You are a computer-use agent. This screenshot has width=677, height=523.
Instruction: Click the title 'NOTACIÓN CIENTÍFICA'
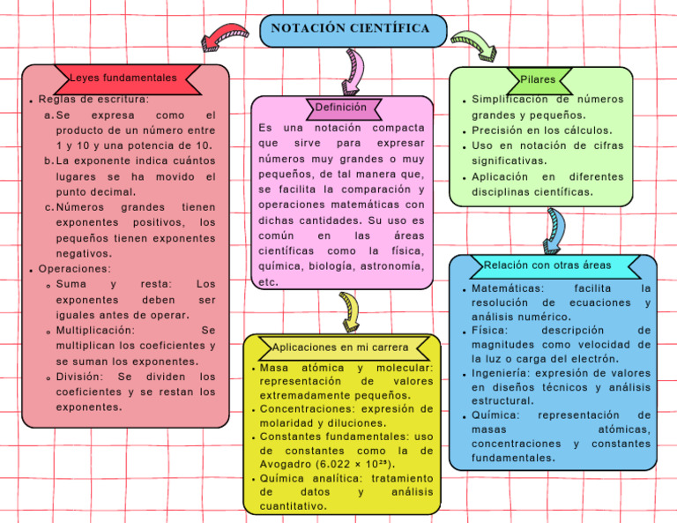coord(351,29)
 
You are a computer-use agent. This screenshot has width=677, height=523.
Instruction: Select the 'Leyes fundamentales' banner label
coord(123,78)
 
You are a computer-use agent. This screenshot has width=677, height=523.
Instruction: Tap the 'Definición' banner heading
coord(341,108)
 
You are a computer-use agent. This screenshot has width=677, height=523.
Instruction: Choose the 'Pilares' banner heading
coord(538,79)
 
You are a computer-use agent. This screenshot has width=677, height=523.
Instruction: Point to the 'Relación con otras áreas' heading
coord(547,265)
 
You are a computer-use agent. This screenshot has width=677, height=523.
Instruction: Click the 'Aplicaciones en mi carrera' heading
coord(340,347)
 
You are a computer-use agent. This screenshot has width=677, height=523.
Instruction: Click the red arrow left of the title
coord(225,37)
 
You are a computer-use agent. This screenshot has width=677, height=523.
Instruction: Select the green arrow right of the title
coord(473,43)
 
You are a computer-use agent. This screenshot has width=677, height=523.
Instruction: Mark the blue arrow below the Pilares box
coord(554,228)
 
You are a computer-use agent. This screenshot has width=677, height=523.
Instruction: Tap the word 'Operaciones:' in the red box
coord(75,269)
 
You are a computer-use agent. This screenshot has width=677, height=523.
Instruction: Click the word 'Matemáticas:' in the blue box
coord(508,288)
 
